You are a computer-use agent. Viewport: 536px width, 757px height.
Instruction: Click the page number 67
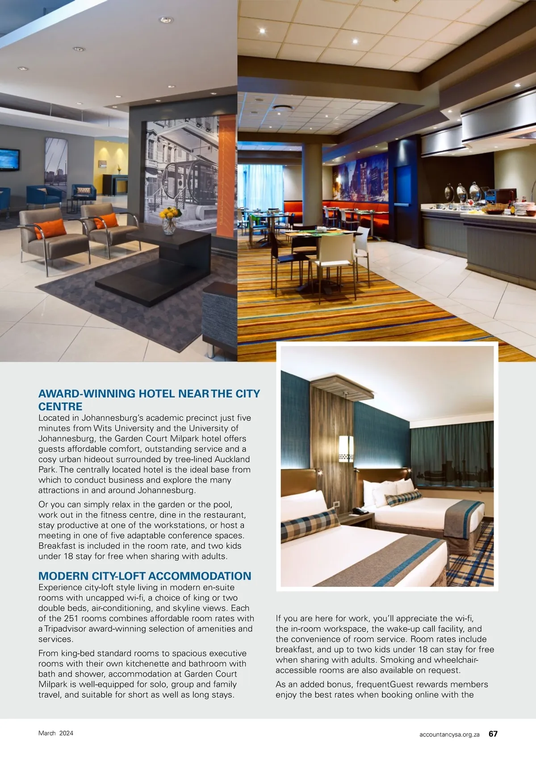[493, 734]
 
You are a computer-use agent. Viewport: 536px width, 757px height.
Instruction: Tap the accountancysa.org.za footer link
[449, 734]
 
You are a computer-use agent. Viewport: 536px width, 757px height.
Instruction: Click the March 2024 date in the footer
[56, 733]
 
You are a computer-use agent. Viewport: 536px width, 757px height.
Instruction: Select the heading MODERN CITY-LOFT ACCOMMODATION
[145, 576]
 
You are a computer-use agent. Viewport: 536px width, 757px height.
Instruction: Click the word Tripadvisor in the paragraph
[65, 629]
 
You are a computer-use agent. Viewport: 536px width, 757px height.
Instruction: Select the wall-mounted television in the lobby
[9, 160]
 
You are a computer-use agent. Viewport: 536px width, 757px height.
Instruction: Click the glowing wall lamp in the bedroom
[346, 449]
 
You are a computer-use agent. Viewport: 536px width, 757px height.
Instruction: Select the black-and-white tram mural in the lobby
[181, 170]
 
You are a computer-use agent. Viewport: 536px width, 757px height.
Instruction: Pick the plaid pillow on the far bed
[403, 498]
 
